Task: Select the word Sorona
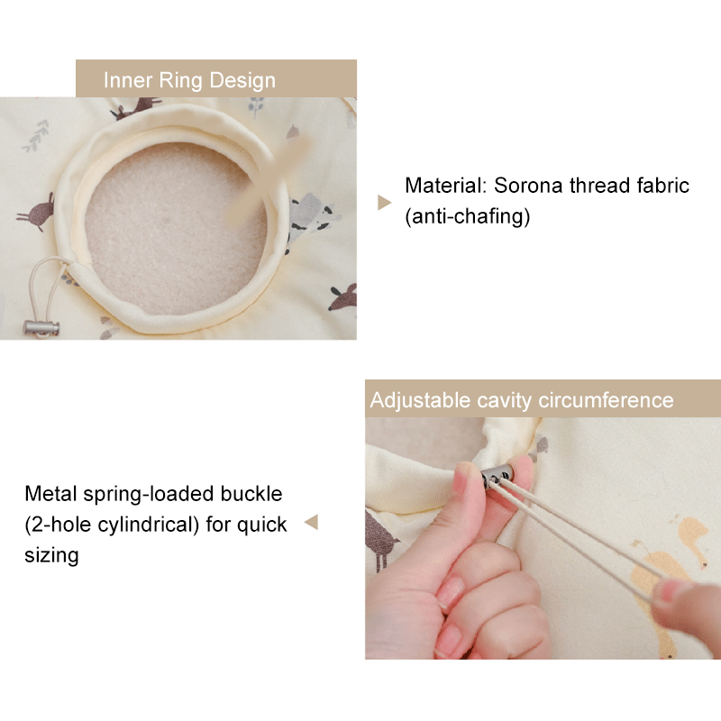pyautogui.click(x=528, y=186)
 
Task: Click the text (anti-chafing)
pyautogui.click(x=467, y=216)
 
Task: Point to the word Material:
pyautogui.click(x=445, y=186)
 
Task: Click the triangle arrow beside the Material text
pyautogui.click(x=384, y=202)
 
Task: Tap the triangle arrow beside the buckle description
pyautogui.click(x=311, y=523)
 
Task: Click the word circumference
pyautogui.click(x=606, y=400)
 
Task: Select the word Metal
pyautogui.click(x=50, y=494)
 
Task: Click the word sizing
pyautogui.click(x=51, y=555)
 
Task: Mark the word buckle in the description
pyautogui.click(x=251, y=494)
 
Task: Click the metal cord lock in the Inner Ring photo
pyautogui.click(x=41, y=327)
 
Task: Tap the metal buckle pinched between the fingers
pyautogui.click(x=497, y=476)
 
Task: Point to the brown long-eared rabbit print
pyautogui.click(x=37, y=213)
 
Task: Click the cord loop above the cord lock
pyautogui.click(x=46, y=285)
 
